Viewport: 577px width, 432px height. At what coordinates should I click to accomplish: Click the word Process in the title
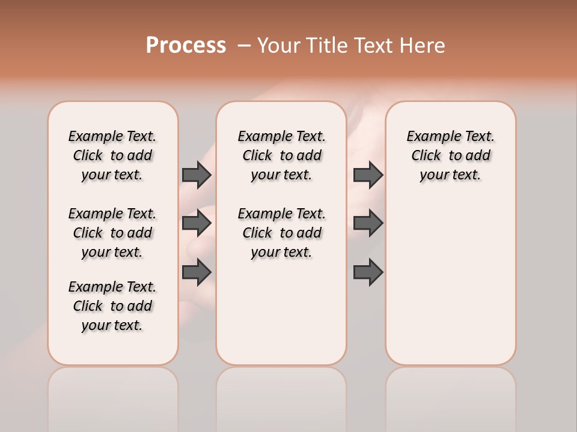coord(186,46)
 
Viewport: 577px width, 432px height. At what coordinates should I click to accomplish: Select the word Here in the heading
coord(423,46)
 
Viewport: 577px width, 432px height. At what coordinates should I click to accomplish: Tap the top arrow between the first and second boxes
coord(197,175)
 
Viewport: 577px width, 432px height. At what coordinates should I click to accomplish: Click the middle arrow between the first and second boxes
coord(197,223)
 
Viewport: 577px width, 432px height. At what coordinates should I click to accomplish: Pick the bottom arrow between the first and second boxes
coord(197,272)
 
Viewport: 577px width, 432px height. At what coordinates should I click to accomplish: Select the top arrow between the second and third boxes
coord(368,175)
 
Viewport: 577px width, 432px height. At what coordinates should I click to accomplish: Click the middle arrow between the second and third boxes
coord(368,223)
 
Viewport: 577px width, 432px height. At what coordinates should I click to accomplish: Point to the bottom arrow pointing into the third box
coord(368,272)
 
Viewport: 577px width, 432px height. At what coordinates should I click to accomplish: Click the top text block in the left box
coord(112,155)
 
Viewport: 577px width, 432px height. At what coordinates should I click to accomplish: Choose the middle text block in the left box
coord(112,233)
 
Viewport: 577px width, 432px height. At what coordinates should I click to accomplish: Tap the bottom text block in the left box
coord(112,306)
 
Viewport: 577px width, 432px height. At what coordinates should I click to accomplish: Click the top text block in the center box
coord(281,155)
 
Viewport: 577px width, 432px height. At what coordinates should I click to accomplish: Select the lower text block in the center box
coord(281,233)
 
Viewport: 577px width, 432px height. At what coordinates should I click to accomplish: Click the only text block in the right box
coord(450,155)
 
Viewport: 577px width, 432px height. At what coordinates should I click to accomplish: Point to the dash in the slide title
coord(244,46)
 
